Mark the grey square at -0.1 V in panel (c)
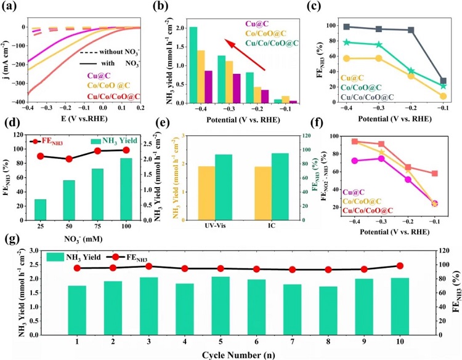[443, 81]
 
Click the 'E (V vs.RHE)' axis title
[73, 117]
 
